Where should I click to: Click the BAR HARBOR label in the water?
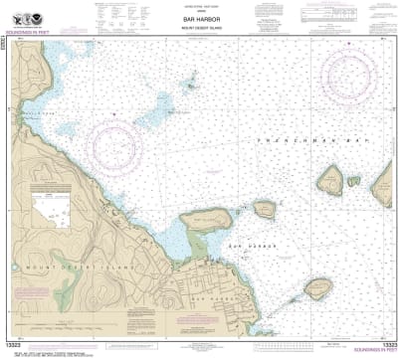point(244,245)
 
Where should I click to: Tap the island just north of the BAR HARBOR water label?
point(264,209)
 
